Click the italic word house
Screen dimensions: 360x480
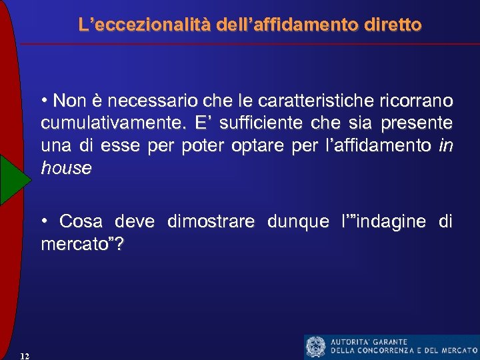[66, 168]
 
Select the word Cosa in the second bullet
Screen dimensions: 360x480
[80, 221]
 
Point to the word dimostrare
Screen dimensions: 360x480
[211, 221]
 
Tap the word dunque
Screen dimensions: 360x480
[298, 221]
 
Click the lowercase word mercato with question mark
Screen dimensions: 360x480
[82, 244]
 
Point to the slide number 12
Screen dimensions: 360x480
[25, 355]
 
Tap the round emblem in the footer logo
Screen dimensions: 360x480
[315, 347]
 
